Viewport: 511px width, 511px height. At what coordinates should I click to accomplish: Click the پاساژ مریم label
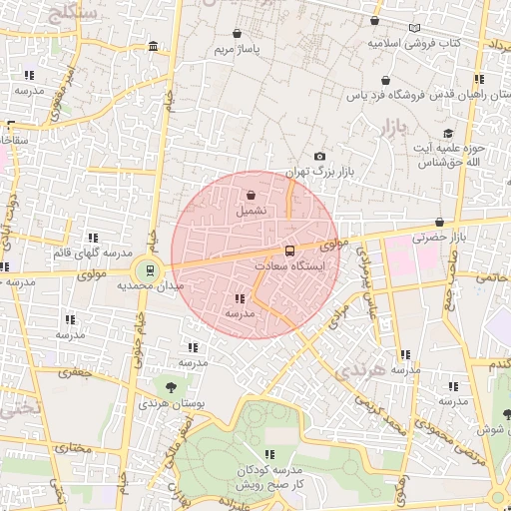[240, 48]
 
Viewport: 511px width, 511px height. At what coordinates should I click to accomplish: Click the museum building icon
[152, 47]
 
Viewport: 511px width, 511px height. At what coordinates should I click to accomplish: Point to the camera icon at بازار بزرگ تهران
[319, 156]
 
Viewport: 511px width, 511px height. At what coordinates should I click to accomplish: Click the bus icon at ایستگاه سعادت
[290, 251]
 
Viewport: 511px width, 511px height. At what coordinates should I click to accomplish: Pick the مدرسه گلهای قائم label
[92, 254]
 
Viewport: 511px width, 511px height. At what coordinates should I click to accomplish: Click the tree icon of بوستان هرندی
[172, 386]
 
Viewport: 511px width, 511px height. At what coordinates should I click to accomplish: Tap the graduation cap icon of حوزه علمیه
[448, 134]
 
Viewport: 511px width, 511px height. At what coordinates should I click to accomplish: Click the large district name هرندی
[358, 370]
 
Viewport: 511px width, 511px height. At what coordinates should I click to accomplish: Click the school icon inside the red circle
[240, 298]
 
